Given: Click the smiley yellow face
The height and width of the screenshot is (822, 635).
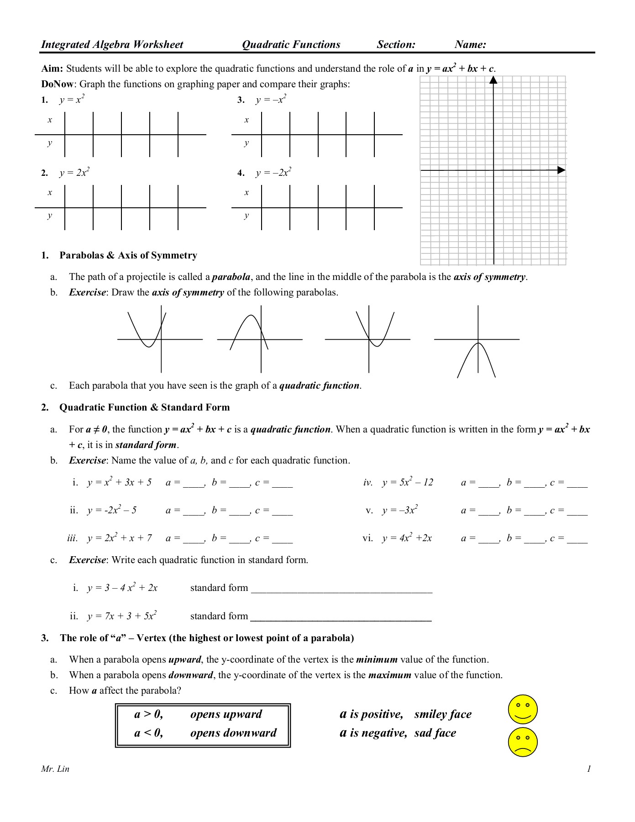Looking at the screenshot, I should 523,710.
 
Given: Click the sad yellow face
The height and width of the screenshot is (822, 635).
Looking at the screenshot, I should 523,742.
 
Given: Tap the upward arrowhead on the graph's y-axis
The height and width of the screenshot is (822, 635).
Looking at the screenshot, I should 493,80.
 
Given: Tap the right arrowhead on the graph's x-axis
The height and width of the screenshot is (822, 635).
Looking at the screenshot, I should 561,170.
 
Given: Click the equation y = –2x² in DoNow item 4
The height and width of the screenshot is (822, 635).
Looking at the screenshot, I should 273,173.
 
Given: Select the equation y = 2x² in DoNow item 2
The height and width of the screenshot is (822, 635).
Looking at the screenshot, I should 74,173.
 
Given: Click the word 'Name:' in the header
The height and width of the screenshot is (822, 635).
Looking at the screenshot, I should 470,44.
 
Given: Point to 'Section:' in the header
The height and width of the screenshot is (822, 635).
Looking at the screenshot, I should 396,44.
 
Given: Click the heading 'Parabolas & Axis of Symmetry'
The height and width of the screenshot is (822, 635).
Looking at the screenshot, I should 128,255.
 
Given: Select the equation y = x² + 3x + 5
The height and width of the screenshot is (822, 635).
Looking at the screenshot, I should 119,482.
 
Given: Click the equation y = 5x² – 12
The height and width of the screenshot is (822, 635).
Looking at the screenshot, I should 408,482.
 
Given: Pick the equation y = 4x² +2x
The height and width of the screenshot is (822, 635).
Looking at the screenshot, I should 407,538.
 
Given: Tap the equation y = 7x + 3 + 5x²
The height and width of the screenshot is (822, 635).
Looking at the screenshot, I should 122,616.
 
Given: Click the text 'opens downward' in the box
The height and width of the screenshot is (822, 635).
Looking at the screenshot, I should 233,733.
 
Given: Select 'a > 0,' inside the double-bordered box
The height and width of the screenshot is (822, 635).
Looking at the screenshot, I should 148,714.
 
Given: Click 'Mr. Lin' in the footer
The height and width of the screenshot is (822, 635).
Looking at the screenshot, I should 55,769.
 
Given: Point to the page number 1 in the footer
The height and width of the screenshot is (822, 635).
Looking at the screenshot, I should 589,769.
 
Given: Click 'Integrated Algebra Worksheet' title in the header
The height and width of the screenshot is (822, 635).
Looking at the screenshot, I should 112,44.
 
